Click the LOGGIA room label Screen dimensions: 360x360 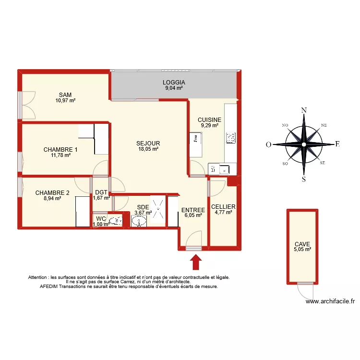(174, 83)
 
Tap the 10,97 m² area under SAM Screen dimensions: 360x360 (65, 101)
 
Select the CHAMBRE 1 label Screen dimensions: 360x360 (60, 149)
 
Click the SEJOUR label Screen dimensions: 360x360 (148, 143)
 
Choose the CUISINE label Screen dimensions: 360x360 (209, 120)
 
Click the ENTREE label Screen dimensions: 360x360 (193, 210)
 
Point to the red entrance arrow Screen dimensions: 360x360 (196, 263)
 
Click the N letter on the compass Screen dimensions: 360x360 (304, 110)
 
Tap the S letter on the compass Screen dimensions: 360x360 (304, 180)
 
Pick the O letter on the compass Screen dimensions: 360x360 (270, 144)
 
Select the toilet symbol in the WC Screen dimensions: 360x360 (115, 221)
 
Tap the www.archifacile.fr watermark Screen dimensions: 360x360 (330, 301)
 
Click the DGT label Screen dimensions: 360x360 (101, 193)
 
